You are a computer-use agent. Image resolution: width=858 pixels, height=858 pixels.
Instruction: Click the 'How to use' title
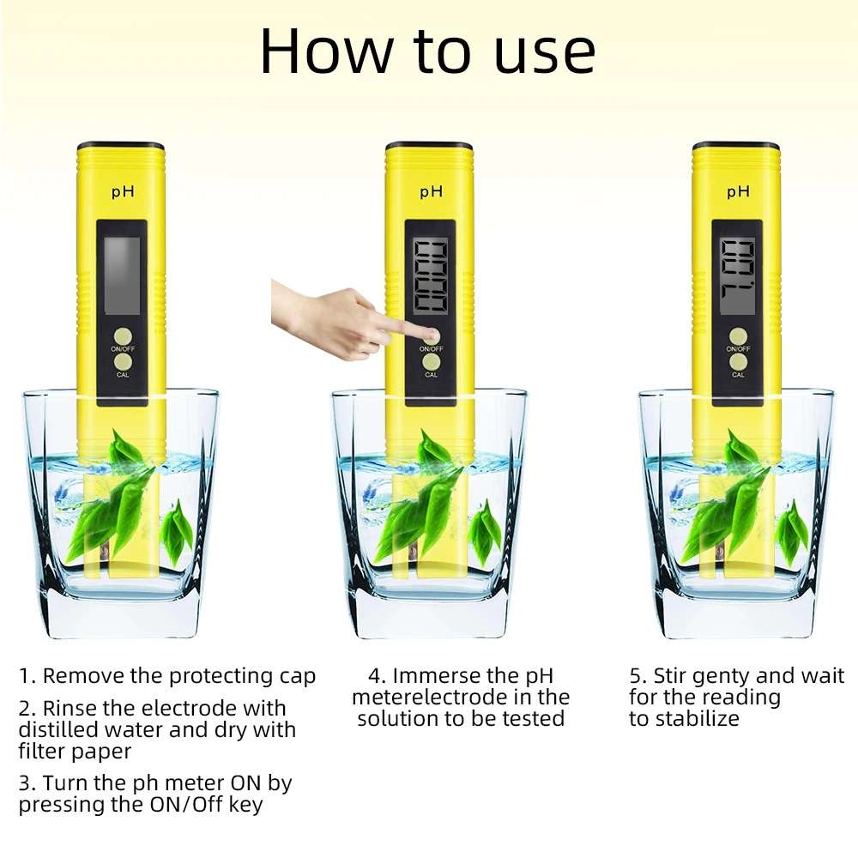(427, 51)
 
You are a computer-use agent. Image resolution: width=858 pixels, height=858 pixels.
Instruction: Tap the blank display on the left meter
(121, 275)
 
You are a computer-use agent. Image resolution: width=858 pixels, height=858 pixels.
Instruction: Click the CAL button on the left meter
(122, 364)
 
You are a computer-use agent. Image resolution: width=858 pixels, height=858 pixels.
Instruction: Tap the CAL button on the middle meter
(431, 363)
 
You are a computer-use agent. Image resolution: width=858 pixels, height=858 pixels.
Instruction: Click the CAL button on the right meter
(738, 363)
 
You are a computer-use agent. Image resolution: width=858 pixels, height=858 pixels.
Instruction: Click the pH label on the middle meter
(431, 192)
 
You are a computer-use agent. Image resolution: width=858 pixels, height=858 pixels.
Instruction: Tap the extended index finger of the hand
(403, 330)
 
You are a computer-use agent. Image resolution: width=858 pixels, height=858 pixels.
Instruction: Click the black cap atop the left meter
(120, 146)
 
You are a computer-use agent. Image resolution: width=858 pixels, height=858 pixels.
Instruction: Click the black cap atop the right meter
(736, 146)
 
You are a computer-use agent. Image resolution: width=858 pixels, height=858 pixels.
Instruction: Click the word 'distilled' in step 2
(57, 730)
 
